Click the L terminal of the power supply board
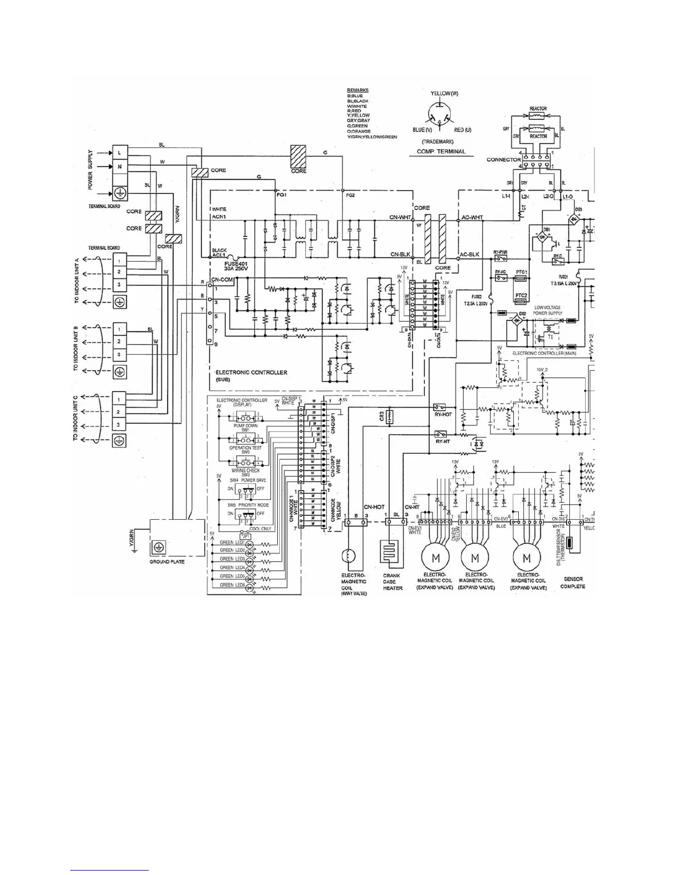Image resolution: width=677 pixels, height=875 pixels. (x=119, y=152)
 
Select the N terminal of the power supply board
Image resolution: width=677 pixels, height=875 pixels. (x=119, y=166)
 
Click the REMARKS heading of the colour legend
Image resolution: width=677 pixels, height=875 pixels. (x=357, y=90)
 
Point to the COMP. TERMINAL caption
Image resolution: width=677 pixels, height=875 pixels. (x=442, y=151)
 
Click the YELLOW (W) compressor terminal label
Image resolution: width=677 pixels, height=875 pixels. (x=444, y=93)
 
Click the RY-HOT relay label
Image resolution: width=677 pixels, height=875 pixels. (x=443, y=414)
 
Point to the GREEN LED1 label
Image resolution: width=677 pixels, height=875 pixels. (x=232, y=543)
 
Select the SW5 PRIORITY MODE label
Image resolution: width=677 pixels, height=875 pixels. (x=248, y=505)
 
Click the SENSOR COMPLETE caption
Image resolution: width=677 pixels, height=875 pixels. (x=572, y=583)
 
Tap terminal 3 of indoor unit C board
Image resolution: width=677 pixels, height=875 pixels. (x=119, y=425)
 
